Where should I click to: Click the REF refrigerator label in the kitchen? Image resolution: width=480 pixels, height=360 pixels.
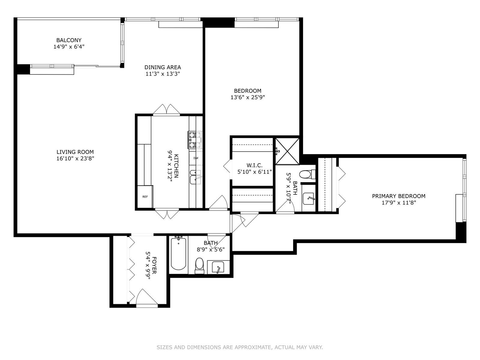point(145,197)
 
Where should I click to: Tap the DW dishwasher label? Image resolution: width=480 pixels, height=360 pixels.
point(196,158)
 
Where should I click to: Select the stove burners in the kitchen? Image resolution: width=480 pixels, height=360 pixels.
point(195,140)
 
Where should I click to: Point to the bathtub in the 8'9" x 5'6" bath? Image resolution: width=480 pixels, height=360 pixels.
point(178,254)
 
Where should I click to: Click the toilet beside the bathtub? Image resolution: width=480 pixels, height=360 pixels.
point(199,265)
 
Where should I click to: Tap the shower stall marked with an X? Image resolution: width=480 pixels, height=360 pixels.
point(287,151)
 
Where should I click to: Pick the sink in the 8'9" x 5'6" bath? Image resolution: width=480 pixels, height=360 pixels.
point(218,267)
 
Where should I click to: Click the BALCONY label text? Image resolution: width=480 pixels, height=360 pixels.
point(69,40)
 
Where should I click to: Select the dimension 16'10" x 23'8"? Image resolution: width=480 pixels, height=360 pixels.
point(75,158)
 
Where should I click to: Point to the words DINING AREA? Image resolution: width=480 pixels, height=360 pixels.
point(163,67)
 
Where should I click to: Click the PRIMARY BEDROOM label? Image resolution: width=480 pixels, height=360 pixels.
point(398,196)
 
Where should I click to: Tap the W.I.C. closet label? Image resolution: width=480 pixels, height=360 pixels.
point(254,165)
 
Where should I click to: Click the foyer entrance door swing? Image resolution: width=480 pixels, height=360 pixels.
point(146,298)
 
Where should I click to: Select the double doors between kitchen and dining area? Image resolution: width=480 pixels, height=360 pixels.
point(166,110)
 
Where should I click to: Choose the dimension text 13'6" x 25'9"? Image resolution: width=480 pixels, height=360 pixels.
point(247,97)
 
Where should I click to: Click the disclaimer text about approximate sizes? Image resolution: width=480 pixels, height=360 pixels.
point(240,347)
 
